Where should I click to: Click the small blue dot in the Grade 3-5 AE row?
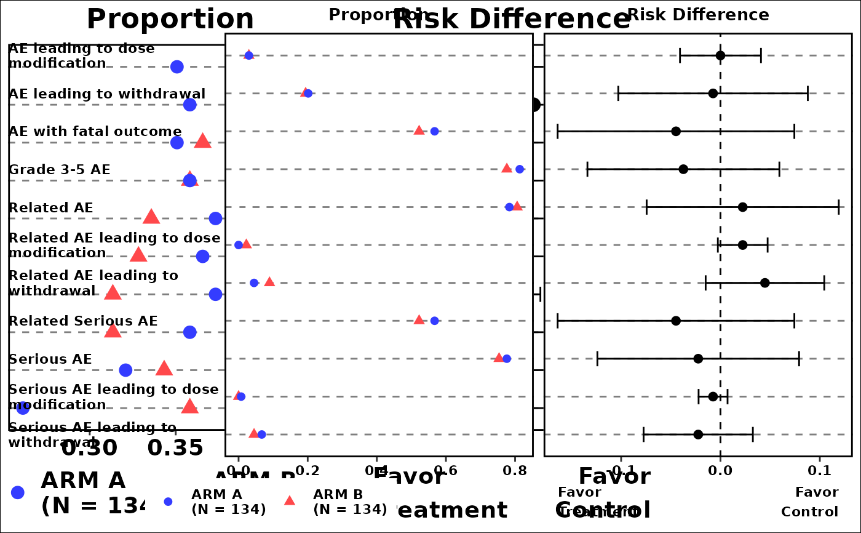pyautogui.click(x=520, y=169)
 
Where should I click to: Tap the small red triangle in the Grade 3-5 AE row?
pyautogui.click(x=507, y=168)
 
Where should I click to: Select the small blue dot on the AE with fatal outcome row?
pyautogui.click(x=434, y=131)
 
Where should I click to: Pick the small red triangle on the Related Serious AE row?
pyautogui.click(x=419, y=320)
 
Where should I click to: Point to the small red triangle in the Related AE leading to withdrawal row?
pyautogui.click(x=269, y=282)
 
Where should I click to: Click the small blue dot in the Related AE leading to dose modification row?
pyautogui.click(x=239, y=245)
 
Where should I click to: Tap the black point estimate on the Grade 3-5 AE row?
pyautogui.click(x=683, y=169)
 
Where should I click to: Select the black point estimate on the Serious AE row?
pyautogui.click(x=698, y=359)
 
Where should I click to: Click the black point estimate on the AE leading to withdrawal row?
pyautogui.click(x=713, y=94)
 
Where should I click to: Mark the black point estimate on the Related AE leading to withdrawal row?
pyautogui.click(x=764, y=283)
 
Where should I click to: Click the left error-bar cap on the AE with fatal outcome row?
pyautogui.click(x=557, y=131)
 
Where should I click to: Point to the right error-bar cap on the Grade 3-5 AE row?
pyautogui.click(x=779, y=169)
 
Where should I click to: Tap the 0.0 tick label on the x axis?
pyautogui.click(x=239, y=471)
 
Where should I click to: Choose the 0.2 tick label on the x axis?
pyautogui.click(x=307, y=471)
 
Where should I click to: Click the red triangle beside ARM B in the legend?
pyautogui.click(x=289, y=500)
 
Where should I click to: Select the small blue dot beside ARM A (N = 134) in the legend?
pyautogui.click(x=168, y=502)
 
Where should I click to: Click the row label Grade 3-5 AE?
pyautogui.click(x=59, y=170)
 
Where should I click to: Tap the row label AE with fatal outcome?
pyautogui.click(x=95, y=132)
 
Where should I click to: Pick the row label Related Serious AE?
pyautogui.click(x=83, y=321)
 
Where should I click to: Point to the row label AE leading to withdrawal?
pyautogui.click(x=107, y=94)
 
